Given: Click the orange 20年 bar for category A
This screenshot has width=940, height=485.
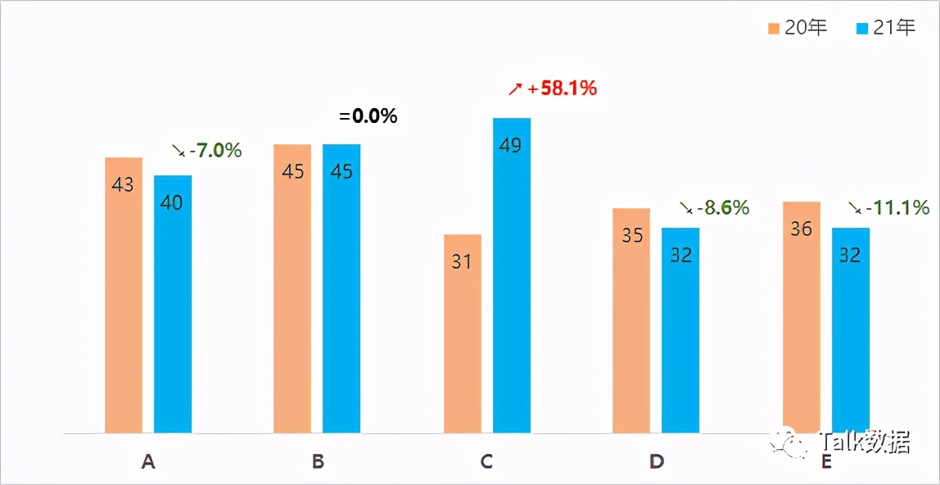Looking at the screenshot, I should click(x=124, y=295).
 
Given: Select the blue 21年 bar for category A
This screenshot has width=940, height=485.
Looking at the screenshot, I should click(x=173, y=304).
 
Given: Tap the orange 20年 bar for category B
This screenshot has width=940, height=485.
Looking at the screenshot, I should click(x=292, y=288).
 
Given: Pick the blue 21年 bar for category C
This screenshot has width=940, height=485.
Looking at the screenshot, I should click(x=512, y=275).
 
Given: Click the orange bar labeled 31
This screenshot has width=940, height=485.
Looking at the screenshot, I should click(x=463, y=333).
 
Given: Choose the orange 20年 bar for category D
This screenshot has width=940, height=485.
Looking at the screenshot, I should click(x=631, y=320).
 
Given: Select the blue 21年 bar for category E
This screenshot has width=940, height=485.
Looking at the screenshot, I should click(x=851, y=330).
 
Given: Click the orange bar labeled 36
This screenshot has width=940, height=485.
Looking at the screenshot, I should click(x=802, y=317).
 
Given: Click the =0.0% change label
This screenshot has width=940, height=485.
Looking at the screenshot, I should click(x=368, y=116).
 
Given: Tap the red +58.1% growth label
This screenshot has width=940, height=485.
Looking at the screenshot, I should click(x=562, y=88).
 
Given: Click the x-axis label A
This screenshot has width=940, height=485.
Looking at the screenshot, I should click(x=148, y=462).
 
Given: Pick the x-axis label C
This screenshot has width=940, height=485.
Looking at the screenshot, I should click(x=486, y=462).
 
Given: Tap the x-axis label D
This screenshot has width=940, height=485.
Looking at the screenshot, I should click(x=657, y=462).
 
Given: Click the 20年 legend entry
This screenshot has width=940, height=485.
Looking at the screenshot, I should click(x=798, y=29).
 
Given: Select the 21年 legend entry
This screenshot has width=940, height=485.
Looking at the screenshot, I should click(x=886, y=29).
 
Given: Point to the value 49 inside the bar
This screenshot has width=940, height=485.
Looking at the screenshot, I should click(x=511, y=146).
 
